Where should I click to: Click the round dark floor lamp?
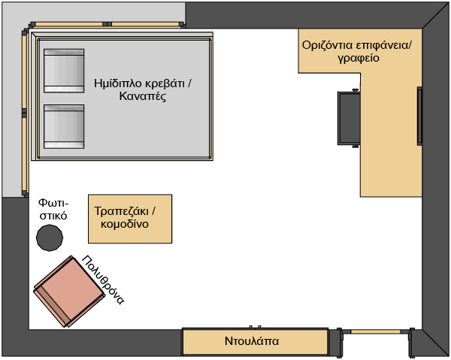point(50,237)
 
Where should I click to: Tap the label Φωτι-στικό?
point(53,209)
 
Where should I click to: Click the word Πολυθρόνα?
point(103,278)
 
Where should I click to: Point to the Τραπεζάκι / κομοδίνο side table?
point(130,218)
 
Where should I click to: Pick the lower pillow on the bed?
point(64,126)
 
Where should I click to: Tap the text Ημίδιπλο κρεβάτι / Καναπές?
point(143,90)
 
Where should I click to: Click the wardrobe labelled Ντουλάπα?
point(256,342)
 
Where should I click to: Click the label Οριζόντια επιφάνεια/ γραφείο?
point(357,51)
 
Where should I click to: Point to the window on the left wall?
point(25,113)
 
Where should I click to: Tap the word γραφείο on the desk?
point(357,58)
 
